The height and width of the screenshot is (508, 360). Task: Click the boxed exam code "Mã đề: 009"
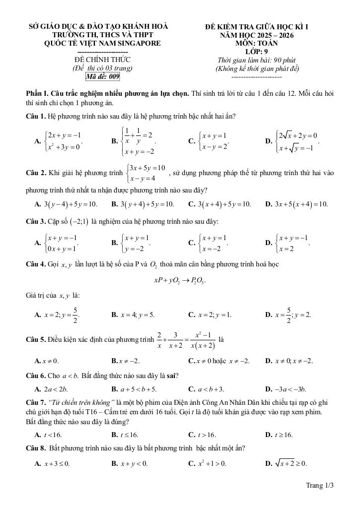[x=103, y=77]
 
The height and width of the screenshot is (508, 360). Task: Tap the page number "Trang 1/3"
[x=320, y=485]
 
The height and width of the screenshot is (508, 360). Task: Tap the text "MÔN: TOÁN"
[x=257, y=43]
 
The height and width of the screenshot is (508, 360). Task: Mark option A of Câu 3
[x=57, y=243]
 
